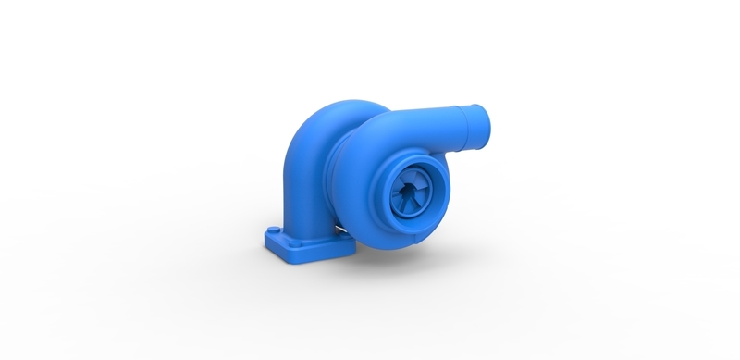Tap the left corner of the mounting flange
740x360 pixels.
pyautogui.click(x=266, y=242)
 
